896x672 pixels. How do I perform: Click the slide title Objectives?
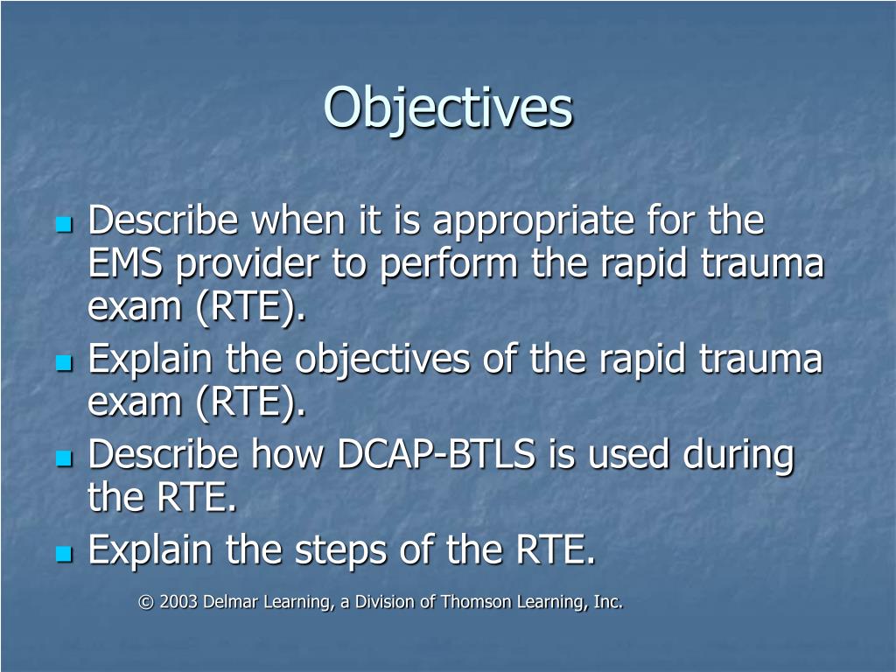(448, 108)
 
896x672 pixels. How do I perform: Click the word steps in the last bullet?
(338, 551)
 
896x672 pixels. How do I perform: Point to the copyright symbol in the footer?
(144, 602)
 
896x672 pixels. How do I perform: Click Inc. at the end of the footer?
(606, 602)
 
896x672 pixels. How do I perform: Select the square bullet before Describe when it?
(63, 225)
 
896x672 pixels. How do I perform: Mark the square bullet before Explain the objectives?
(63, 362)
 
